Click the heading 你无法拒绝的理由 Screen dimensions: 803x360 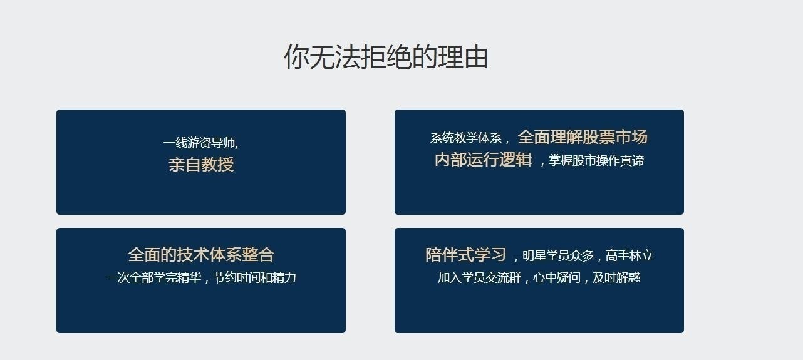click(386, 56)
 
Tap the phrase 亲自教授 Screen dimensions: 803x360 click(201, 165)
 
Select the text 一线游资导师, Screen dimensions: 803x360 click(200, 143)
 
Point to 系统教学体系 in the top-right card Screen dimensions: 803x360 click(466, 138)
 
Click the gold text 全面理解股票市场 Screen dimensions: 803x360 click(583, 137)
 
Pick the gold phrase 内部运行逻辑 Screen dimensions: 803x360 click(483, 160)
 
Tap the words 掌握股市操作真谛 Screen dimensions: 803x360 click(596, 160)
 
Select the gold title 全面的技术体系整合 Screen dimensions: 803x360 click(201, 255)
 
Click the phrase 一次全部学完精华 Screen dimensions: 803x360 click(153, 277)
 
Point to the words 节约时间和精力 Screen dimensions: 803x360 click(254, 277)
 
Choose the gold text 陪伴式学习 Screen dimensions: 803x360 click(465, 255)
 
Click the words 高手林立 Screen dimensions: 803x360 click(629, 256)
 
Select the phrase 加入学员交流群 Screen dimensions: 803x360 click(479, 277)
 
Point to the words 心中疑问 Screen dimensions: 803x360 click(557, 277)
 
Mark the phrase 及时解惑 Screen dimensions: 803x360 click(616, 277)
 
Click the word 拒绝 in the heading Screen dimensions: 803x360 click(386, 56)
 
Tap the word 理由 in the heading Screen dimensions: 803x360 click(463, 56)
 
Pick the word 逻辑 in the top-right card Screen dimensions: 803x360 click(515, 160)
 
